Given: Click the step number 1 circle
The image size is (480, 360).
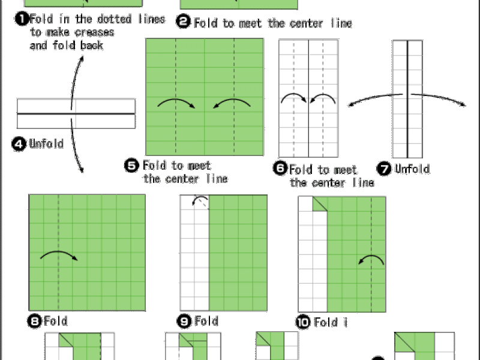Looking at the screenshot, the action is click(x=22, y=19).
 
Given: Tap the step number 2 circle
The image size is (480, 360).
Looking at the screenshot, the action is click(x=184, y=22).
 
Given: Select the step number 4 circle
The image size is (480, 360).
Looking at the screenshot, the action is click(x=19, y=144).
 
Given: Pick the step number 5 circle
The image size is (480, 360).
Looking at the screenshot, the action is click(x=131, y=166).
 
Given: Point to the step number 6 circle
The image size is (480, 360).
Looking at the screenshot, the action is click(x=280, y=169).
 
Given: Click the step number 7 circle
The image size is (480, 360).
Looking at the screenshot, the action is click(x=384, y=169).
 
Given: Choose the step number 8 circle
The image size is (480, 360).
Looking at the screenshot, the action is click(x=35, y=322).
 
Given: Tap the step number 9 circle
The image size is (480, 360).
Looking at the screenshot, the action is click(x=184, y=321).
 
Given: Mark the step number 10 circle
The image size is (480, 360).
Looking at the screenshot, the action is click(x=303, y=322).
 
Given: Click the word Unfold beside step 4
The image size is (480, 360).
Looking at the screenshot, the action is click(x=46, y=143).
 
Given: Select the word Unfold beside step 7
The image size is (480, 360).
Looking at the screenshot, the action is click(x=412, y=169).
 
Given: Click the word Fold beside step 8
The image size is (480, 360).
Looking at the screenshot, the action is click(x=55, y=321).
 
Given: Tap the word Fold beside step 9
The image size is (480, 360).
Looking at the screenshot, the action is click(x=206, y=321).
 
